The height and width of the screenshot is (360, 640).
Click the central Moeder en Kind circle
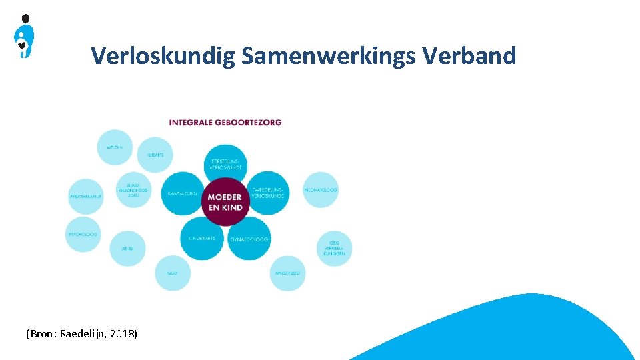[x=225, y=201]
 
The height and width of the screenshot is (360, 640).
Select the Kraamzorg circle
[x=182, y=193]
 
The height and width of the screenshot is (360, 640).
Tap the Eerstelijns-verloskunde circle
[x=226, y=164]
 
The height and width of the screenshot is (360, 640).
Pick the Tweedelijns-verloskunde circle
[x=267, y=193]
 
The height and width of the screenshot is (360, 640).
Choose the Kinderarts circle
[x=202, y=237]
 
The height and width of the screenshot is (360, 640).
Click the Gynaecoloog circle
[x=249, y=238]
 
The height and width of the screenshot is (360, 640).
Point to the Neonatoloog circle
[x=321, y=190]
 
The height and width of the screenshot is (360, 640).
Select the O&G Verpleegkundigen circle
[x=333, y=249]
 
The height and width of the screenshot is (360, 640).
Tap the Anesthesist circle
[x=288, y=273]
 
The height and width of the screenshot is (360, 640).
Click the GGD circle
[x=173, y=273]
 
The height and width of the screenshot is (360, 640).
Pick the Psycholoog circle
[x=83, y=234]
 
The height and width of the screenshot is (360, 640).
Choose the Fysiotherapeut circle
[x=86, y=197]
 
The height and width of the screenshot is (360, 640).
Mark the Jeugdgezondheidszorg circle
[x=133, y=191]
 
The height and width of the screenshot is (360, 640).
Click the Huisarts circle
[x=155, y=155]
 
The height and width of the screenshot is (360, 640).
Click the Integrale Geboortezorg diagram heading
[x=225, y=122]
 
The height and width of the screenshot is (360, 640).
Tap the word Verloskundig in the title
[x=163, y=56]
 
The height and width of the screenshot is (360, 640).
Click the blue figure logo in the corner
[x=24, y=37]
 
